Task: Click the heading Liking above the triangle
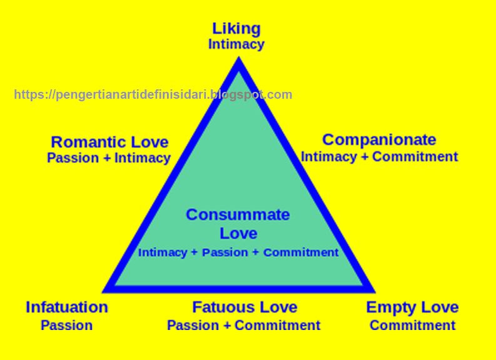click(236, 29)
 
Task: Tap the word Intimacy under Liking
click(236, 44)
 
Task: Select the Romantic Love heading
click(109, 142)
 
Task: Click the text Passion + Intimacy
click(109, 158)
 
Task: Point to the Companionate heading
click(379, 139)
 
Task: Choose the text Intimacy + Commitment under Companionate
click(379, 156)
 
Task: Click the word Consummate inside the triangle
click(238, 215)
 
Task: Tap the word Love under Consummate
click(238, 234)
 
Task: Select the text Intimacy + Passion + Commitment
click(238, 252)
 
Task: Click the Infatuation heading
click(67, 307)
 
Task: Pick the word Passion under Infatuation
click(67, 326)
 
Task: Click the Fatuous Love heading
click(245, 307)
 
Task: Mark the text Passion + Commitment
click(244, 326)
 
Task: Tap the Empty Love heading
click(412, 307)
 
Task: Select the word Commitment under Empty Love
click(412, 326)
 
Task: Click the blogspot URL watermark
click(153, 95)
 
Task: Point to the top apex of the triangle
click(238, 61)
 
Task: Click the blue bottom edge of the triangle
click(238, 289)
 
